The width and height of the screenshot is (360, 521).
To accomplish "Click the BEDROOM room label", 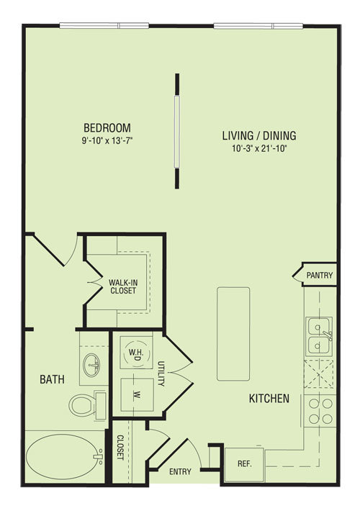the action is pos(107,127).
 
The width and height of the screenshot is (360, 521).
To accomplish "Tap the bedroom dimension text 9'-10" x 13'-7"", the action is pos(107,141).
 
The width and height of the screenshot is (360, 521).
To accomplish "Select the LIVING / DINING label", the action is pos(259,135).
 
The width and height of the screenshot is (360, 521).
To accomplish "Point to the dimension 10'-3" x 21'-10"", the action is pos(259,148).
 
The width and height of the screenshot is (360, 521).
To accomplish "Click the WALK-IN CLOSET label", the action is pos(123,286).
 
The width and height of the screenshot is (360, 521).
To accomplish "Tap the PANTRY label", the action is pos(319,275).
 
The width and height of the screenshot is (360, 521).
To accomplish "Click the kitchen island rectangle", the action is pos(233,334).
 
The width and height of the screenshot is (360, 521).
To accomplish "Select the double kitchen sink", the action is pos(320,335).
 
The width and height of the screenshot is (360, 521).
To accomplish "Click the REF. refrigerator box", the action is pos(244,465).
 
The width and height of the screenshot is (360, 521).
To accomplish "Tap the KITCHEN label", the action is pos(269,399).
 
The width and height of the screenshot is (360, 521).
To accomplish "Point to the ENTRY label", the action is pos(180,471).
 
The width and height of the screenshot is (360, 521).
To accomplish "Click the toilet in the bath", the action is pos(87,405).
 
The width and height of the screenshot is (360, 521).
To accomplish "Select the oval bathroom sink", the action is pos(91,365).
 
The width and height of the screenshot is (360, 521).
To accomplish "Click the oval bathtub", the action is pos(65,457).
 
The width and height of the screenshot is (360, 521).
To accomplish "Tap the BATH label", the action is pos(52,379).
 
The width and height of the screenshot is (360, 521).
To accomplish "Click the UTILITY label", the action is pos(161,373).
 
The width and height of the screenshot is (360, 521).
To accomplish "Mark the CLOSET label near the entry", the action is pos(120,447).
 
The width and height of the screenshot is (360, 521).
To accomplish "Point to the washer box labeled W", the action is pos(137,394).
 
